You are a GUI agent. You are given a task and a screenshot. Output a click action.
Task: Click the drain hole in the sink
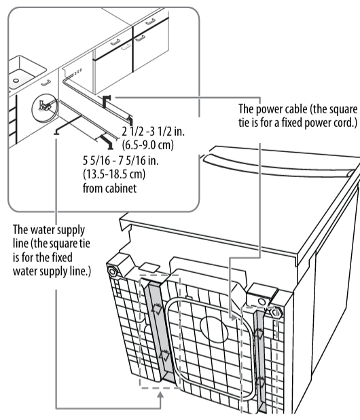point(15,79)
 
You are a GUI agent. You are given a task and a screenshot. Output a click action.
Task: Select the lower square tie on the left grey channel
point(164,354)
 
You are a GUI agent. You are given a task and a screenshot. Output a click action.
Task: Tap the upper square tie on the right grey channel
point(259,333)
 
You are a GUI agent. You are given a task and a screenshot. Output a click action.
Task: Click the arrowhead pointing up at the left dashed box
point(160,396)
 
